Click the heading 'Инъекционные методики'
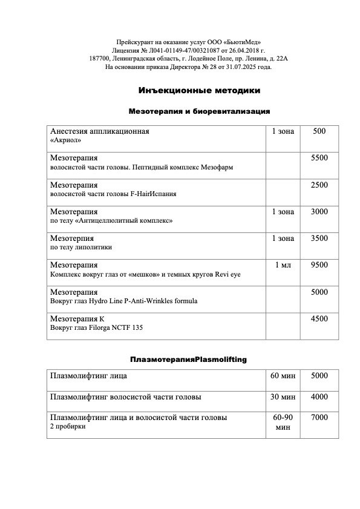pos(199,91)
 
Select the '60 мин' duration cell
pos(284,376)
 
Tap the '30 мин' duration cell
pos(284,397)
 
